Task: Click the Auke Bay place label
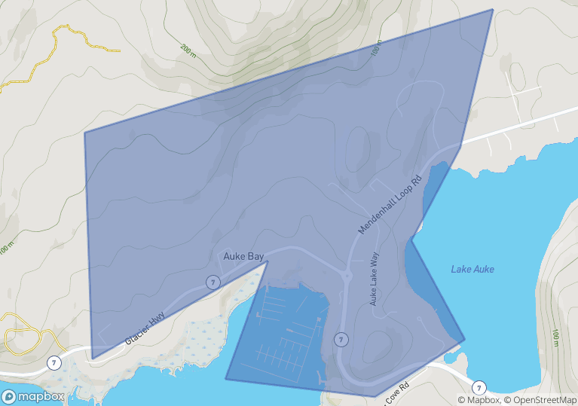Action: [x=243, y=256]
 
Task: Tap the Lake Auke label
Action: [x=472, y=269]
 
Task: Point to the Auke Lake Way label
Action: [x=374, y=279]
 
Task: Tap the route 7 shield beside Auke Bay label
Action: [x=213, y=282]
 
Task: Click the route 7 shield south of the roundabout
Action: [x=341, y=339]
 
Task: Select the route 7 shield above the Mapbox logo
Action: [x=54, y=363]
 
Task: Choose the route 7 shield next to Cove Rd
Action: [x=479, y=387]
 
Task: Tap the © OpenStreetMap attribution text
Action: [x=540, y=400]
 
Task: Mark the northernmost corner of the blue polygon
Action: [x=493, y=10]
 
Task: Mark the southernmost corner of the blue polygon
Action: [x=375, y=396]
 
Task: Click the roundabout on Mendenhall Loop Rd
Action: [x=347, y=276]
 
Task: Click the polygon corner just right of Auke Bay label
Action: [x=268, y=261]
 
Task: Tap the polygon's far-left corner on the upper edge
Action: [x=84, y=133]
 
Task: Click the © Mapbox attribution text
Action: [x=478, y=400]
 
